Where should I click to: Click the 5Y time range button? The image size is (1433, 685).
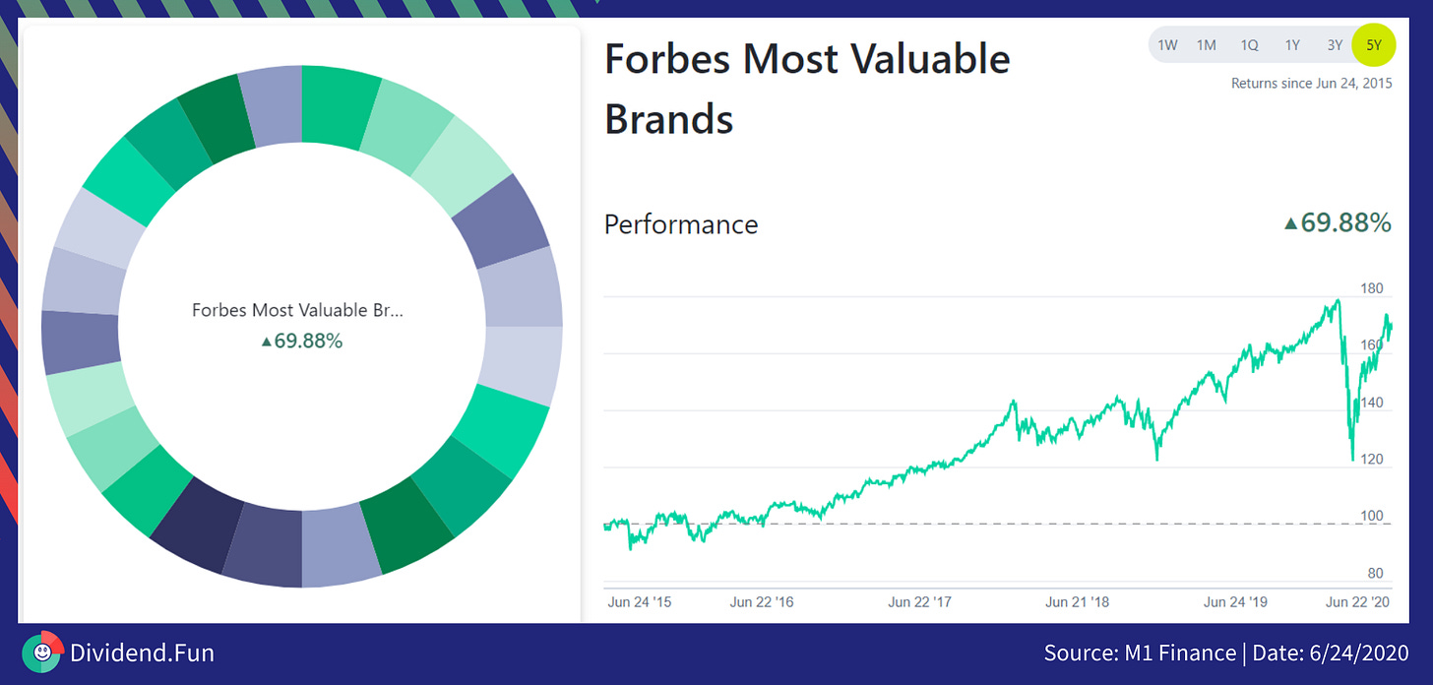1374,44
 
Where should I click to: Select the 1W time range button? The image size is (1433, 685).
1167,44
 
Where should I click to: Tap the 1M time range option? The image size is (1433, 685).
1207,44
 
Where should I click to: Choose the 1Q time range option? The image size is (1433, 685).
1249,44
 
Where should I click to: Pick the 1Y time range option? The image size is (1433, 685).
1292,44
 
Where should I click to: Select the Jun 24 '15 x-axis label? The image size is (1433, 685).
640,601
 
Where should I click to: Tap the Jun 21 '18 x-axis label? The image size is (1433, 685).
1077,601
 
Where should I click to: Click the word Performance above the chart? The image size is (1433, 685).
681,224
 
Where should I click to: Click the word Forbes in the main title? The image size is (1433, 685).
666,59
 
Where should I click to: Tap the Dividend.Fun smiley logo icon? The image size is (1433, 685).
41,652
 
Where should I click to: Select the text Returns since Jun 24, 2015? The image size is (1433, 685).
1311,84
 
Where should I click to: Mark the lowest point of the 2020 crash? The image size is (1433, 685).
1353,459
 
